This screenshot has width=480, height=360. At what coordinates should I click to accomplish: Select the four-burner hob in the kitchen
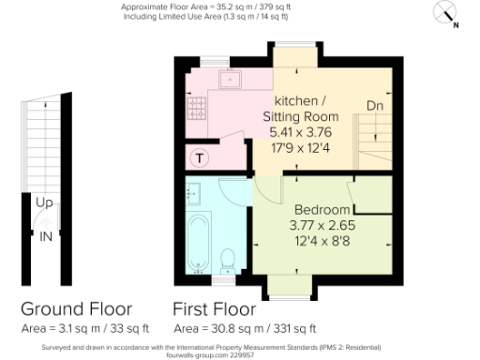point(199,116)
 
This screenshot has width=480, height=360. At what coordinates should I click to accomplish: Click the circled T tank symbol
point(200,157)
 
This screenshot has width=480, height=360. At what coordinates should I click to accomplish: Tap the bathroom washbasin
point(194,194)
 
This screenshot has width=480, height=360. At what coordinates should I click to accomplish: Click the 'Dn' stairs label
point(374,105)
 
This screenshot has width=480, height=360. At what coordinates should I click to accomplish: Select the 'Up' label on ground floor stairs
point(44,202)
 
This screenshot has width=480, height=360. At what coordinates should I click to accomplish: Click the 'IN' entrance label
point(45,235)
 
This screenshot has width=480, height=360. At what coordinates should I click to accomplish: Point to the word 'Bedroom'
point(322,208)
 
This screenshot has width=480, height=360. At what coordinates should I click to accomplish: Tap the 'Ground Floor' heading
point(77,308)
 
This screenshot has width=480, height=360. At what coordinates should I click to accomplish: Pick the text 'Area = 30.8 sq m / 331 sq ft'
point(245,329)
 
